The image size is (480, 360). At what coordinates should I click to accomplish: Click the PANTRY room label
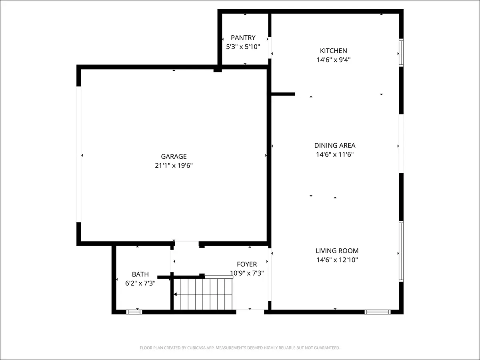243,38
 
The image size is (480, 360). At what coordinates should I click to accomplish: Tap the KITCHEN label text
334,51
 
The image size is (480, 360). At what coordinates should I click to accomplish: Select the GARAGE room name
174,156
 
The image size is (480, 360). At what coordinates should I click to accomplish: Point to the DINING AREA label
335,145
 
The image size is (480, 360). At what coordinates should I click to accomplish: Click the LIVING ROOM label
337,251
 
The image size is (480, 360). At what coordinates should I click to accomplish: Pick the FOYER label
247,264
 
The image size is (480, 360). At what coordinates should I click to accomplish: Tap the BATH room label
140,274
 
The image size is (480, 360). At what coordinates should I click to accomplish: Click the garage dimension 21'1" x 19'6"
174,166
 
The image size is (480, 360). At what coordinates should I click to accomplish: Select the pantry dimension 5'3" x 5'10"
243,47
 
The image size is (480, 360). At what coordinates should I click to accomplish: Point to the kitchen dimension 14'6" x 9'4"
334,60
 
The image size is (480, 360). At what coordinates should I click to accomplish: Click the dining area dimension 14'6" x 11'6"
335,154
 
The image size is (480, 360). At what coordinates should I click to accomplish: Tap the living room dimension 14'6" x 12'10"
337,260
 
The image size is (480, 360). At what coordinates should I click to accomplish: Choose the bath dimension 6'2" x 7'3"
140,283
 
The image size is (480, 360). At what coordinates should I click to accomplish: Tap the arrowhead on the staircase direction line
175,294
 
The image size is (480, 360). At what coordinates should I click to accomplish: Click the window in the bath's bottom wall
134,312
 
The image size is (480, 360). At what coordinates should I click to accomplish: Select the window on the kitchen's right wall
401,52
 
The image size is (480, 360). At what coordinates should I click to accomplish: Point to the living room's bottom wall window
378,312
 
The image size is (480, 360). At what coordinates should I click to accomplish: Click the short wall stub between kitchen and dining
283,94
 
